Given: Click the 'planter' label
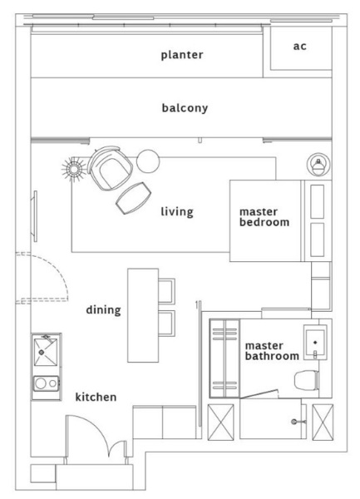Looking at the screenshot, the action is point(182,55).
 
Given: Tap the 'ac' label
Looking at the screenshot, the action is point(300,47).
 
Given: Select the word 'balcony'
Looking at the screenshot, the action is point(185,108).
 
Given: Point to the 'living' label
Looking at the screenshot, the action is point(177,212).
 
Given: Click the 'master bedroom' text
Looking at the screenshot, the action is point(264,217).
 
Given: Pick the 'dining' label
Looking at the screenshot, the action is point(104,310).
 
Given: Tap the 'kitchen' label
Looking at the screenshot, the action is point(96,397).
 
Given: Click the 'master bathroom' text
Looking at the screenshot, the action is point(272,351).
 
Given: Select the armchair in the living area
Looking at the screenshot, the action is point(110,168).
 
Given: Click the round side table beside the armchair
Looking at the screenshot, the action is point(148,161).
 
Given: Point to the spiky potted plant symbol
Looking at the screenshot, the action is point(74,170).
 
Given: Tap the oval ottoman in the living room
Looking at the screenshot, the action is point(133,198).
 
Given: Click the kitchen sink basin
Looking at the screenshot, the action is point(46,352).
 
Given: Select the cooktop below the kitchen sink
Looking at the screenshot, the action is point(46,383).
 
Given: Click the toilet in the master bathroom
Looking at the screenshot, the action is point(307,380).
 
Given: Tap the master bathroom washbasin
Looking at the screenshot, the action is point(315,343).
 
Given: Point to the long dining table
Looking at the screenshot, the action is point(143,315).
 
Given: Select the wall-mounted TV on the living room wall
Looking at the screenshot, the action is point(34,216).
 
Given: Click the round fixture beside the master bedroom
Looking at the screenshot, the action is point(318,164).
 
